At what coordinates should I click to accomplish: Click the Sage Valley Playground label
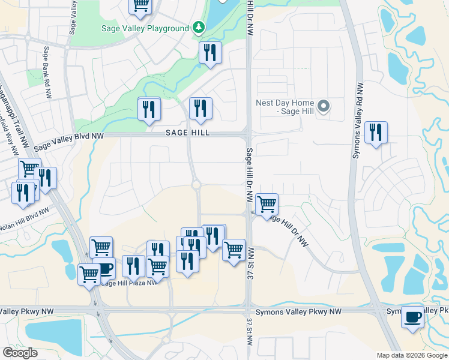[x=145, y=28]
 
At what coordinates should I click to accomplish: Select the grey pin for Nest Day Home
[x=324, y=107]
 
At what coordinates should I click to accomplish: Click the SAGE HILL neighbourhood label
[x=188, y=133]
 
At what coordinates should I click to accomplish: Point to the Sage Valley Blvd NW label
[x=68, y=141]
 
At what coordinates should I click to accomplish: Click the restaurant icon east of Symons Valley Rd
[x=376, y=133]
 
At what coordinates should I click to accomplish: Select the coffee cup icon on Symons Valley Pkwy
[x=412, y=317]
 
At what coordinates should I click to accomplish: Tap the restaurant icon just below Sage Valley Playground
[x=210, y=53]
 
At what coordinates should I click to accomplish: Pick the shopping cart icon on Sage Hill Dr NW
[x=267, y=204]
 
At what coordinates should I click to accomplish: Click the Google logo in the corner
[x=20, y=353]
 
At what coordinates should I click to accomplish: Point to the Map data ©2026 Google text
[x=412, y=355]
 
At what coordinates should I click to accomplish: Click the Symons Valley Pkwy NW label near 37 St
[x=298, y=312]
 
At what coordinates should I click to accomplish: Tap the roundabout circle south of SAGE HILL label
[x=196, y=185]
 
